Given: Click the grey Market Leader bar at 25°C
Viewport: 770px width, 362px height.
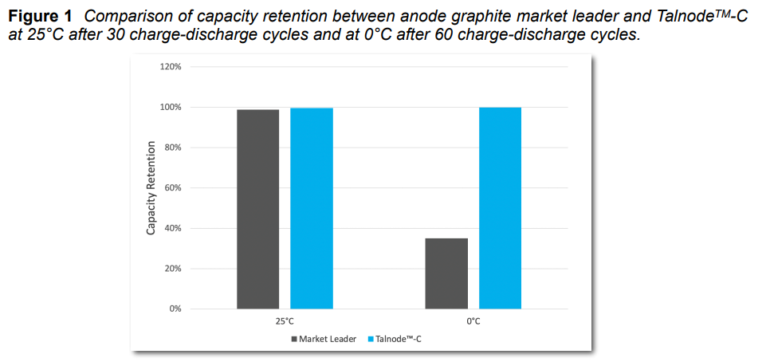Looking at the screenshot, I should (257, 209).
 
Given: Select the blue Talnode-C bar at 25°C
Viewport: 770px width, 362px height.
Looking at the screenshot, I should (311, 208).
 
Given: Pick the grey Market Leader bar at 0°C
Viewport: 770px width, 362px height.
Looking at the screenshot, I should (446, 273).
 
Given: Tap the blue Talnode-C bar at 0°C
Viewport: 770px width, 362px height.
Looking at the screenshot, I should (500, 208).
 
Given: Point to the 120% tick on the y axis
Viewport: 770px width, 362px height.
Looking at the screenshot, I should (171, 67).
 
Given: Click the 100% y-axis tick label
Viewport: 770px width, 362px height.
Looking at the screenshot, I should (171, 107).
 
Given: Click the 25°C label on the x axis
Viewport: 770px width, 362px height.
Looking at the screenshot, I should (285, 321).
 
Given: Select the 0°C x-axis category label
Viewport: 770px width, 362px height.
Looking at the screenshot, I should (473, 321).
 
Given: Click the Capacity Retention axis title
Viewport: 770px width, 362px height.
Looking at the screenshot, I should (151, 188).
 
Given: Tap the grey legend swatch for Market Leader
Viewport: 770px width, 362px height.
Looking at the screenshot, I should (293, 339).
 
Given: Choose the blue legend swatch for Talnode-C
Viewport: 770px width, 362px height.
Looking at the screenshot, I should (370, 339).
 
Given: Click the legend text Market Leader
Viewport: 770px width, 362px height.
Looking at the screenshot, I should (328, 339).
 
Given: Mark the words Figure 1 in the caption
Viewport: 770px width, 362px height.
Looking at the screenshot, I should (40, 16).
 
